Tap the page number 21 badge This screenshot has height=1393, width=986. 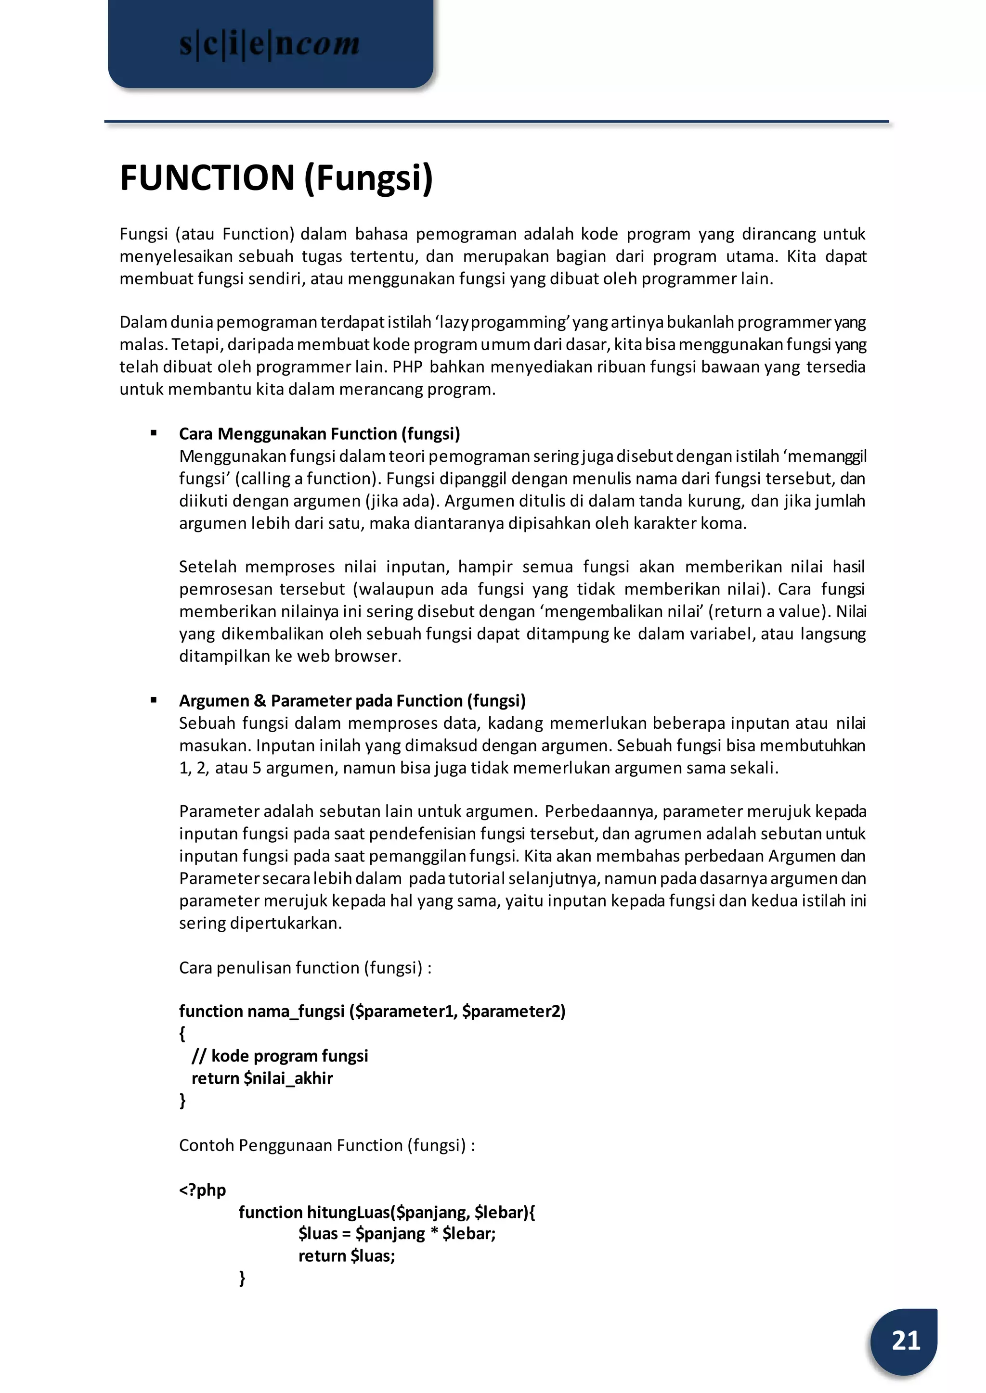coord(905,1340)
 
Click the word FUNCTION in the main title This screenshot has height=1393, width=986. coord(207,178)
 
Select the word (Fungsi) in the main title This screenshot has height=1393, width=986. coord(368,178)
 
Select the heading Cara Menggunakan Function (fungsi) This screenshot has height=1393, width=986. coord(319,434)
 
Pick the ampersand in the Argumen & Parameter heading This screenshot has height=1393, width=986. coord(260,701)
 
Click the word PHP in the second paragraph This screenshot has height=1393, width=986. coord(407,367)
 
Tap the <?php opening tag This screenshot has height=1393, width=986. coord(202,1190)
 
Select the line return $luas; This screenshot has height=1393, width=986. coord(346,1256)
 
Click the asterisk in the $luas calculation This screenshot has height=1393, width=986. coord(434,1233)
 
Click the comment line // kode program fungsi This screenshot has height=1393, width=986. coord(280,1056)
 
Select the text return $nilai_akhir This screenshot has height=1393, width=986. coord(262,1078)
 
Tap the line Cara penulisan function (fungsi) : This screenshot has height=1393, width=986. coord(305,968)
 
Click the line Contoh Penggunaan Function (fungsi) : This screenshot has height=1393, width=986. coord(326,1145)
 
